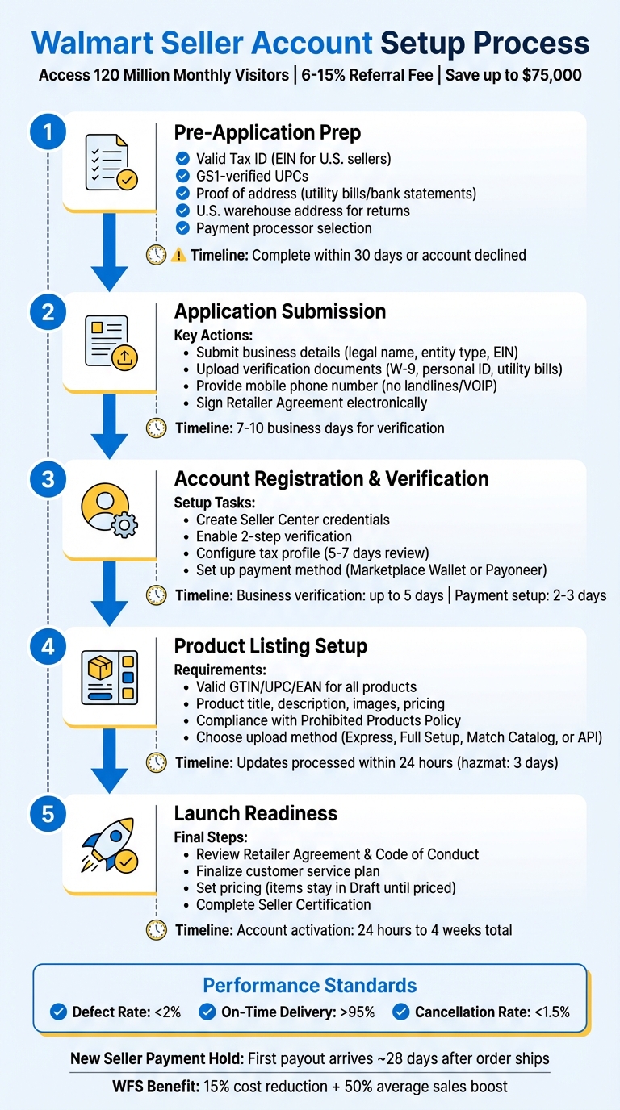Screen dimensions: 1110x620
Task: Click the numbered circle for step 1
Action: [x=48, y=132]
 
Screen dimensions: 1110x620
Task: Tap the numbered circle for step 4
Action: [x=48, y=646]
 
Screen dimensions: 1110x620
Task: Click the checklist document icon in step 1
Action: [x=110, y=163]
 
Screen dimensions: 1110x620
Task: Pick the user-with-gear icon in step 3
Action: [x=110, y=510]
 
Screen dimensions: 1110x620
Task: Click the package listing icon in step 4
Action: [x=110, y=677]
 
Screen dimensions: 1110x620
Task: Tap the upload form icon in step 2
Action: [x=110, y=342]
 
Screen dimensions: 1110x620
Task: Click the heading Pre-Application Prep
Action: [x=267, y=133]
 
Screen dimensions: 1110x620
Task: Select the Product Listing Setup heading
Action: [x=270, y=646]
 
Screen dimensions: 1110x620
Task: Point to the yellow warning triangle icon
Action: [x=179, y=256]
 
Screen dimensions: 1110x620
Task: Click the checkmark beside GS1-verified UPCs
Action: [x=182, y=176]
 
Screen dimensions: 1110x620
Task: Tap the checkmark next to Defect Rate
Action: [x=58, y=1012]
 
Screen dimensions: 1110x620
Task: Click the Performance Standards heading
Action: [x=309, y=985]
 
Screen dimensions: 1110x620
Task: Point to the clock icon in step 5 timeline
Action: [x=156, y=930]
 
